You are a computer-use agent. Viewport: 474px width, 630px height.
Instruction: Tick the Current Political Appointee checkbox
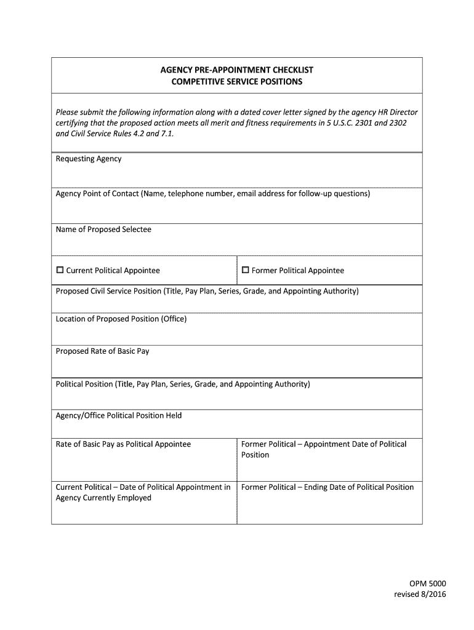point(60,270)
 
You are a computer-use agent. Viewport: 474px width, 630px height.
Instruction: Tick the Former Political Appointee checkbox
point(245,270)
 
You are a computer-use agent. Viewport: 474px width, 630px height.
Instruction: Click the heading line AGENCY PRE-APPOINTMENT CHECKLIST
point(237,70)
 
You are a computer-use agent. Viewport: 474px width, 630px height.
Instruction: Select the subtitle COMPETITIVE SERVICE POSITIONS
point(237,82)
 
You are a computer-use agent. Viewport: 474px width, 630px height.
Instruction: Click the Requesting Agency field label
point(89,159)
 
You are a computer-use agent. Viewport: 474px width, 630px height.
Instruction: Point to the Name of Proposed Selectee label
point(103,229)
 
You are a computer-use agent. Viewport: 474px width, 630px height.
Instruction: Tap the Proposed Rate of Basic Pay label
point(102,351)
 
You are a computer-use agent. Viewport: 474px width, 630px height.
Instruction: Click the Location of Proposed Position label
point(121,319)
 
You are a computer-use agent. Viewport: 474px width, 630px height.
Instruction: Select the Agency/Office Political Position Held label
point(119,415)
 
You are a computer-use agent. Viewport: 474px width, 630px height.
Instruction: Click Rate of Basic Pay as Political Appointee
point(123,444)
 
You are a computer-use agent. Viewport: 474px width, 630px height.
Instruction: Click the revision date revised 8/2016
point(420,594)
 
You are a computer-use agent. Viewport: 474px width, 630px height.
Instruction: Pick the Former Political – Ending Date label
point(327,487)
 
